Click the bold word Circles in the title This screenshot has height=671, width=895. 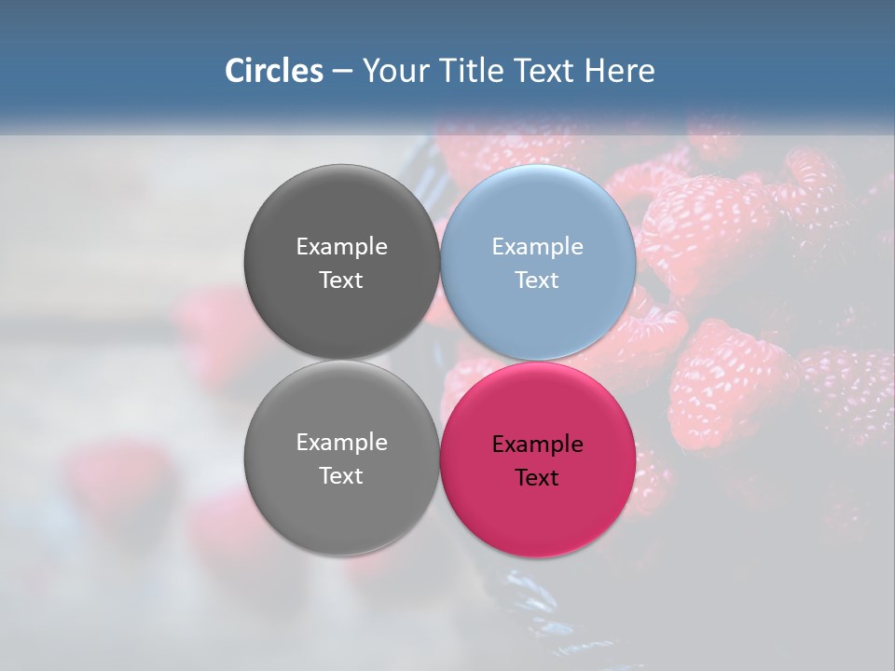(x=273, y=71)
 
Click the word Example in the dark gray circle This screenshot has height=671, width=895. (x=341, y=247)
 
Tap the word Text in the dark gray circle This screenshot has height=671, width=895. (x=341, y=281)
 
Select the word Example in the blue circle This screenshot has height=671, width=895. (x=537, y=247)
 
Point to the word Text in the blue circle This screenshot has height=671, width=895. (x=537, y=281)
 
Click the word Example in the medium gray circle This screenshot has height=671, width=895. (x=341, y=443)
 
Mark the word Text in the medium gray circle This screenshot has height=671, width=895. (x=341, y=476)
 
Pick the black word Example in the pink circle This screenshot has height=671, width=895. (x=537, y=445)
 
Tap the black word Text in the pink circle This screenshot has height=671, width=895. (x=537, y=478)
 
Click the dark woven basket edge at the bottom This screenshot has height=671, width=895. (x=522, y=596)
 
